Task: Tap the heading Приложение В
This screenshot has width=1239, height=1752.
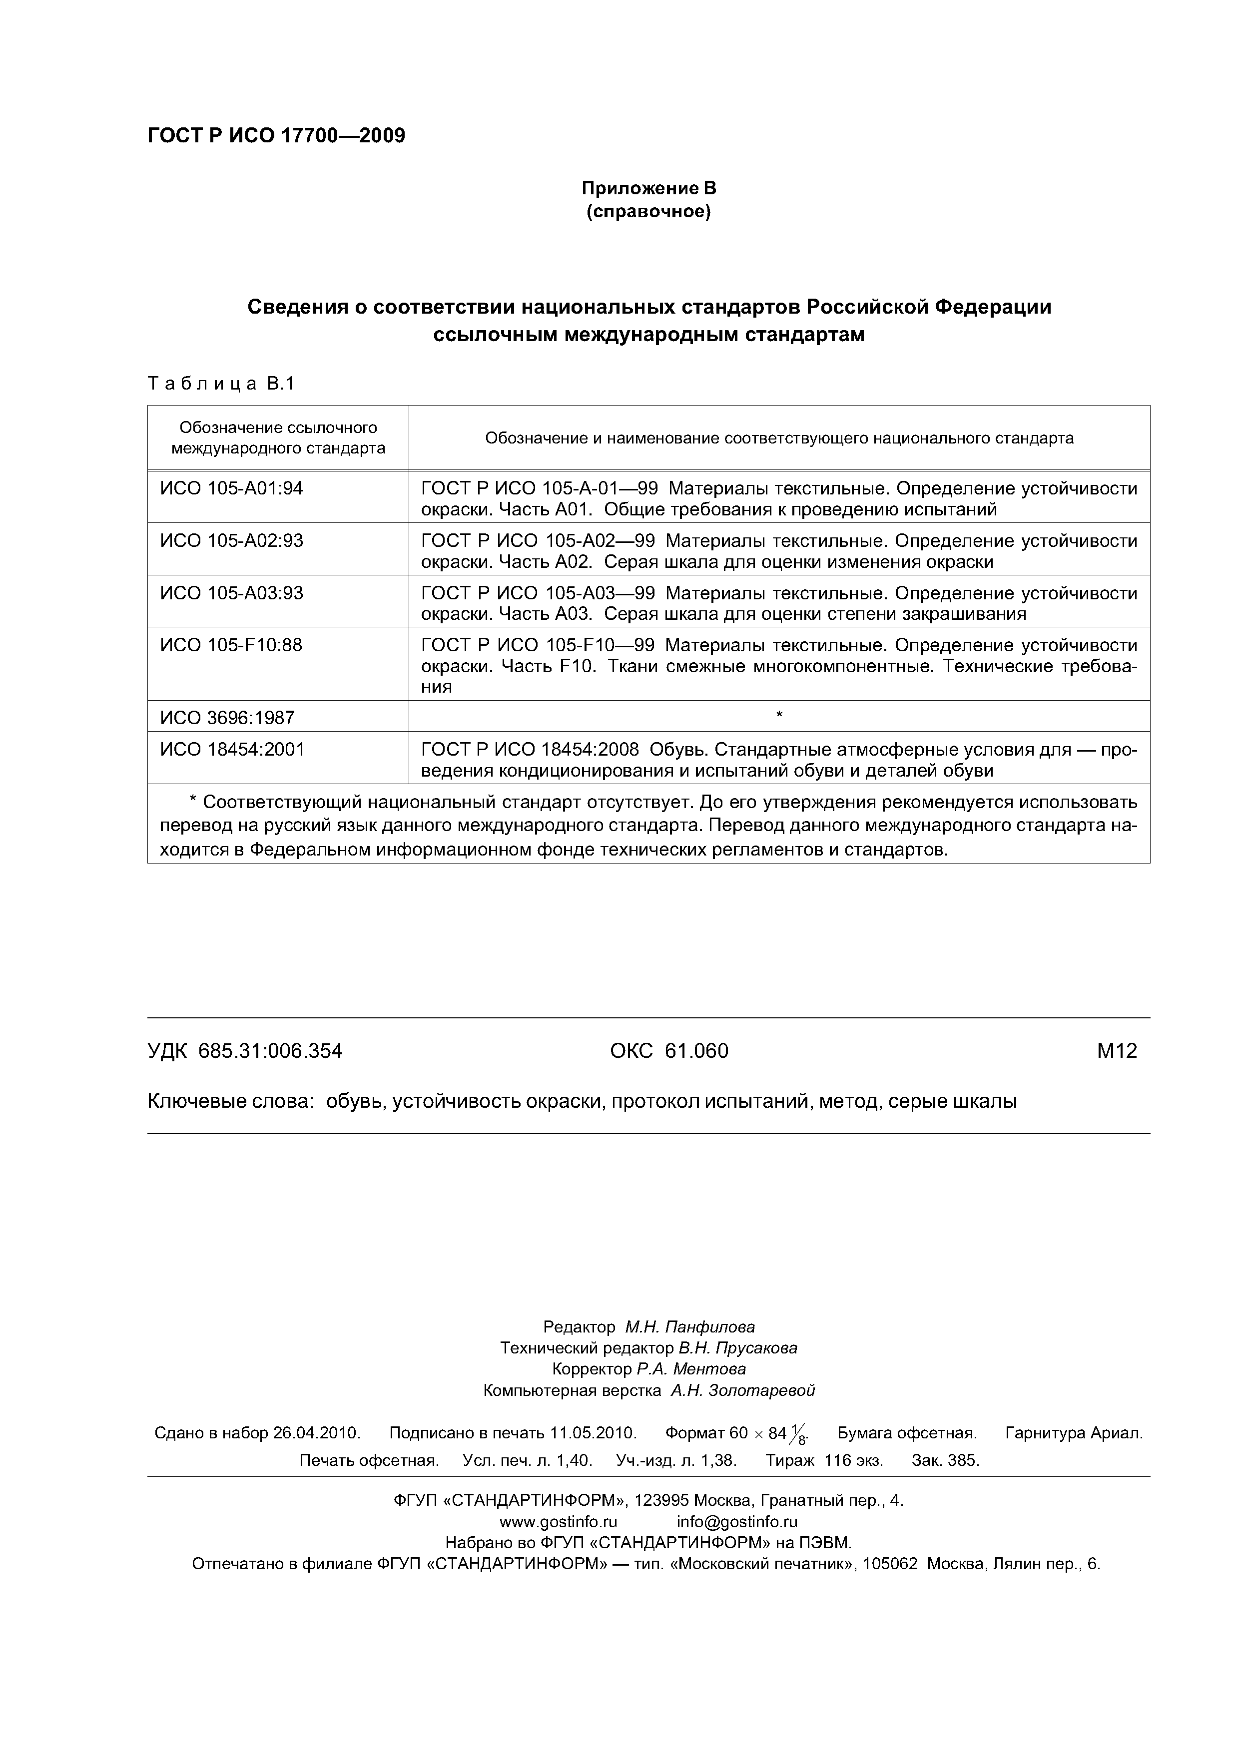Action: click(649, 188)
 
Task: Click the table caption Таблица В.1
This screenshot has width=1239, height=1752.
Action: click(221, 384)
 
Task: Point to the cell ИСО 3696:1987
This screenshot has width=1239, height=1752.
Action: click(227, 718)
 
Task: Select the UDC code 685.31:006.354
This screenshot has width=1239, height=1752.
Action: click(269, 1051)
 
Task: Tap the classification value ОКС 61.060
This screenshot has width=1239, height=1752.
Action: click(669, 1051)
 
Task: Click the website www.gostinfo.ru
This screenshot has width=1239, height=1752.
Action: click(557, 1522)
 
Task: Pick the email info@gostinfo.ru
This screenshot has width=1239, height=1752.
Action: click(737, 1522)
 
